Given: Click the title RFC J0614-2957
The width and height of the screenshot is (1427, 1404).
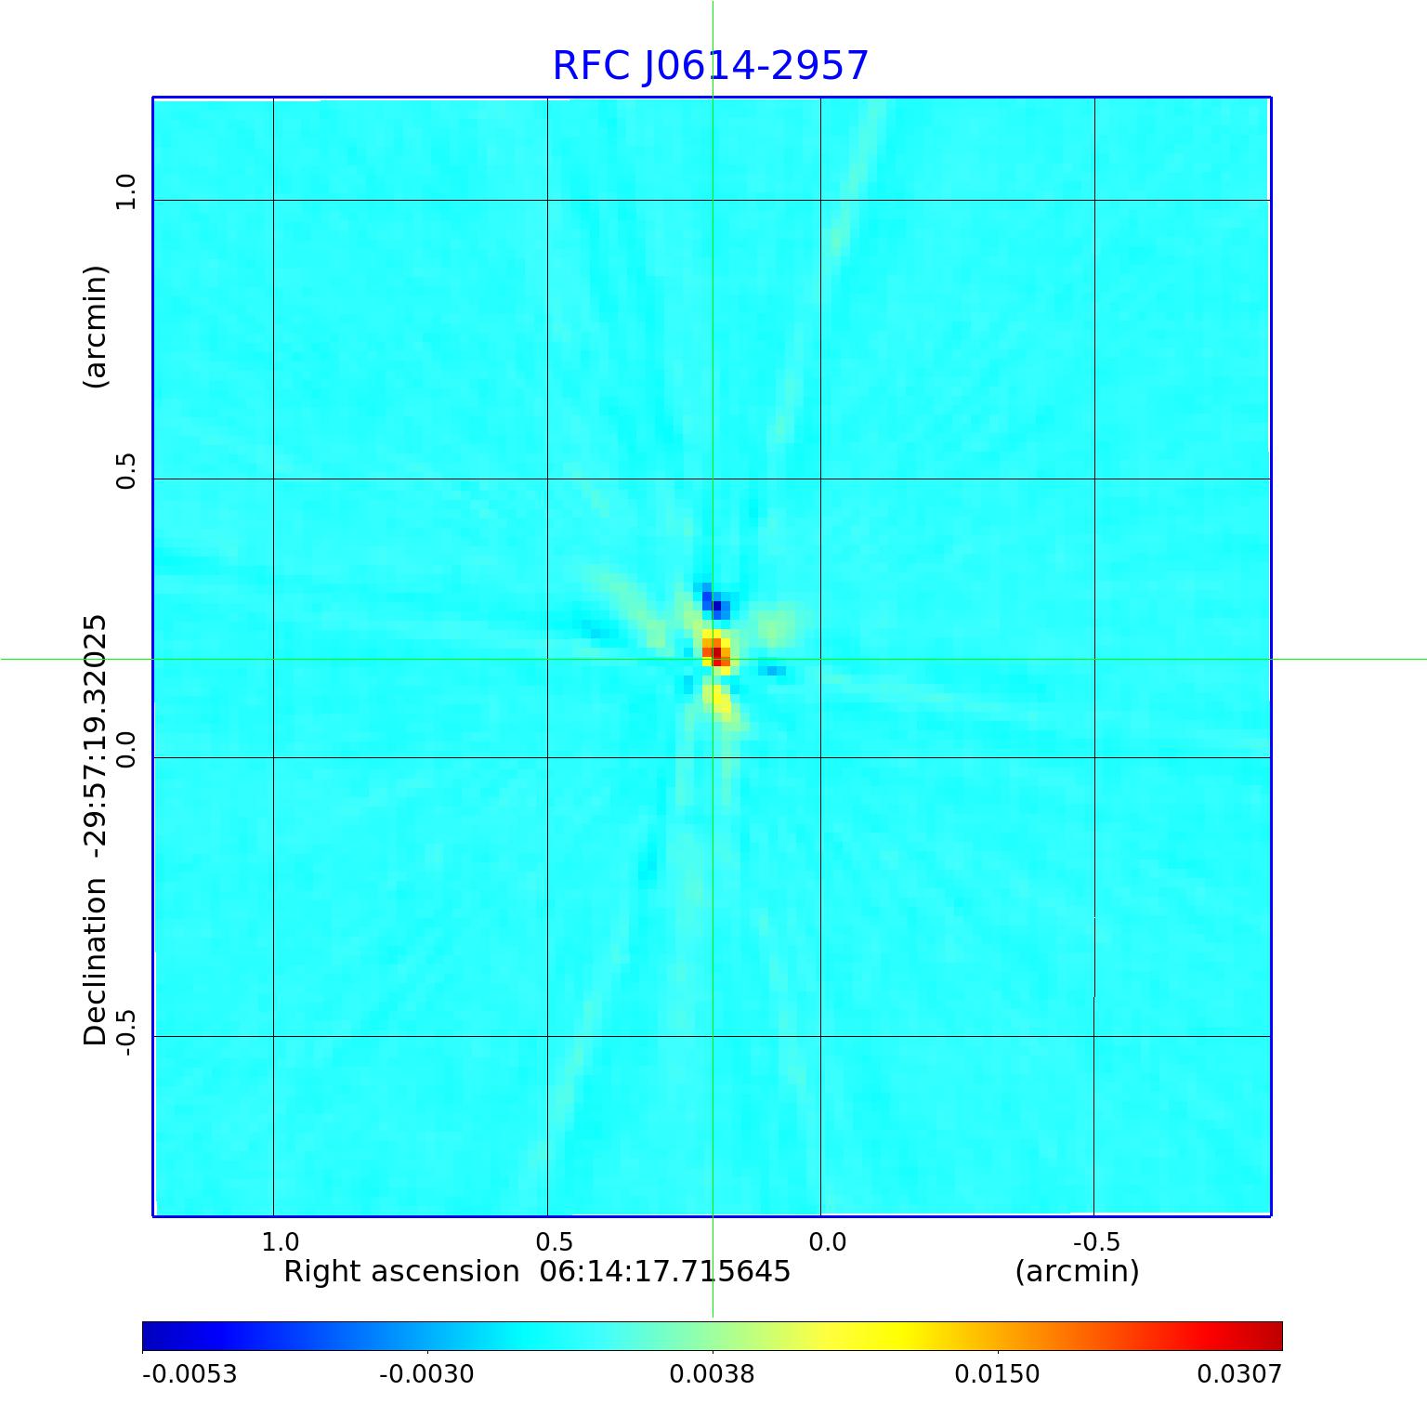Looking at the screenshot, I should [x=711, y=66].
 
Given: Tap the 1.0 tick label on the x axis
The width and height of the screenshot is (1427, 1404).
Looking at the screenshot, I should [x=280, y=1241].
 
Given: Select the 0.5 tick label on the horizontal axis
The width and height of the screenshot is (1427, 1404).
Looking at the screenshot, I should [x=554, y=1241].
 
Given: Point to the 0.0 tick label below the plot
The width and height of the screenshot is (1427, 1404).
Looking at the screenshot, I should [x=827, y=1241].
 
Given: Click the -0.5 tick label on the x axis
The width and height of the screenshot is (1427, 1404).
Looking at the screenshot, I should [x=1096, y=1241].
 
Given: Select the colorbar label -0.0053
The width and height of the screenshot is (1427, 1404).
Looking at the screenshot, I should [x=190, y=1373].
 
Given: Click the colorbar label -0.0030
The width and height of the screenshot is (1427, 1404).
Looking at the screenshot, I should [x=426, y=1373].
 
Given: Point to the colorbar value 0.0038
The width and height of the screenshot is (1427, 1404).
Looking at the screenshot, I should [x=712, y=1373].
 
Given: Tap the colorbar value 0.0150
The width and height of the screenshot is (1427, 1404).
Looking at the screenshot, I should [x=998, y=1373].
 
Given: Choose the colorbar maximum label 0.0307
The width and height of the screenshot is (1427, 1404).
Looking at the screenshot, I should [x=1238, y=1373].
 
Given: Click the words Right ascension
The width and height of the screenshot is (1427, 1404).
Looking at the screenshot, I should [x=401, y=1271].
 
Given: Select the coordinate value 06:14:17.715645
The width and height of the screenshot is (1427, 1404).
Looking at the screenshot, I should [x=665, y=1271].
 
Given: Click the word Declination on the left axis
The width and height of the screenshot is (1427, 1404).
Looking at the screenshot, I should [x=96, y=963].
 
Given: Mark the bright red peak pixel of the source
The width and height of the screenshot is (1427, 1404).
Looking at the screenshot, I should [x=716, y=653].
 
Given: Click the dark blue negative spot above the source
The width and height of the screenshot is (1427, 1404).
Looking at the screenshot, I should [x=716, y=606].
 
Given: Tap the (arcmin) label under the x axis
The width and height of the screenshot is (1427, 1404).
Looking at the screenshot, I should [x=1077, y=1271].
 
